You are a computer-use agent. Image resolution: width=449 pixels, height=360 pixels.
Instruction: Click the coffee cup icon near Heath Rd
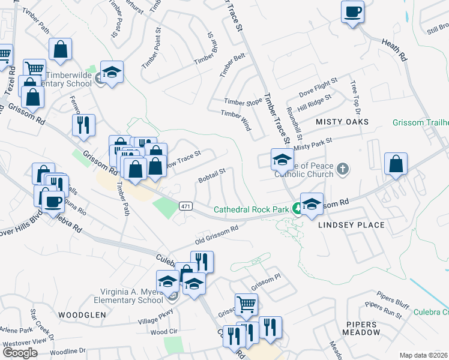coord(352,11)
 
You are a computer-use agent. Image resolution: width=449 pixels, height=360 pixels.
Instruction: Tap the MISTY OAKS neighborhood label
coord(342,122)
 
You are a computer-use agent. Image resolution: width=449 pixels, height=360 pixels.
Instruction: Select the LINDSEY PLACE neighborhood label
coord(351,225)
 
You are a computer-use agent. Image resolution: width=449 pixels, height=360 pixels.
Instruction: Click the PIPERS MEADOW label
coord(363,328)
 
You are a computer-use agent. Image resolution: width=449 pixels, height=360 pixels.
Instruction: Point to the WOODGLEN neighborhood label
coord(82,314)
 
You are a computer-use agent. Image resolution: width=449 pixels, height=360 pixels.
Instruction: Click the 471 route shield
coord(185,206)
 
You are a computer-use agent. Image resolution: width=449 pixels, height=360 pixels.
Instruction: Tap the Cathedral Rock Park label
coord(252,209)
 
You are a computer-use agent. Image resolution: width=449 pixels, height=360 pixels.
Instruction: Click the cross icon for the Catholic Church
coord(342,169)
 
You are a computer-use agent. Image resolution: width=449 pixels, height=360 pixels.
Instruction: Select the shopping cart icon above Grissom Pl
coord(246,305)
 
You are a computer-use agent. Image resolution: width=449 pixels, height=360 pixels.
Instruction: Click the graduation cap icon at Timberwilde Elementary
coord(112,72)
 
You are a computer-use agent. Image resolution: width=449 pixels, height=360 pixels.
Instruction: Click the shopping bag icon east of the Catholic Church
coord(396,164)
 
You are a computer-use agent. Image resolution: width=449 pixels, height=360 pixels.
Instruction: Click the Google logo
coord(20,353)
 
